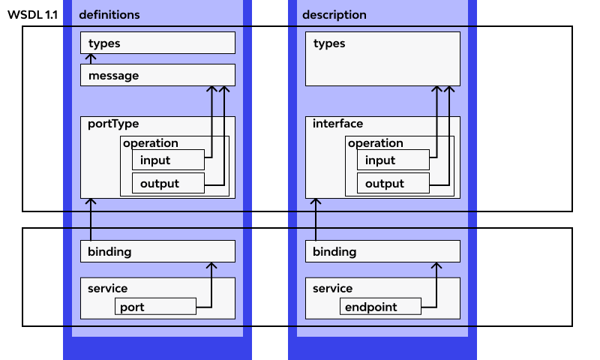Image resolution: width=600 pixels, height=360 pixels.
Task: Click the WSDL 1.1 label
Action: click(32, 15)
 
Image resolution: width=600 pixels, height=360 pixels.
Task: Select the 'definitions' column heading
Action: click(109, 15)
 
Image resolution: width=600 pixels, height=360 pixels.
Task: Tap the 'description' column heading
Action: click(334, 15)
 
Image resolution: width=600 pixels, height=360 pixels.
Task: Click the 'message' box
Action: click(157, 76)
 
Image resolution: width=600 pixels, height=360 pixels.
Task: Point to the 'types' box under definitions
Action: click(157, 43)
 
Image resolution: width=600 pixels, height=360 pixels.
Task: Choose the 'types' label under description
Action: click(329, 43)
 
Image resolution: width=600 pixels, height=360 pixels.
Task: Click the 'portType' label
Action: click(113, 124)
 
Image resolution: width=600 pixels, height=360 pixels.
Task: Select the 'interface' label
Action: click(337, 124)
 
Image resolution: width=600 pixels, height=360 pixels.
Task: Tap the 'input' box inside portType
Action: click(168, 160)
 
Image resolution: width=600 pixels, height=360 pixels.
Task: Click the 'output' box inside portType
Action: click(168, 183)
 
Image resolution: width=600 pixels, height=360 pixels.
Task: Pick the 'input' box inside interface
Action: click(393, 160)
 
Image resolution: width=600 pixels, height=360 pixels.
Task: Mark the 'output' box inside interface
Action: click(393, 183)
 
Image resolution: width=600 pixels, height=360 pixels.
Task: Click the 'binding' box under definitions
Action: click(157, 251)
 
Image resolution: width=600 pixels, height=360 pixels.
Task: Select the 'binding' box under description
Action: click(382, 251)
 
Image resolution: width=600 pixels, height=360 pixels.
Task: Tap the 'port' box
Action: click(155, 307)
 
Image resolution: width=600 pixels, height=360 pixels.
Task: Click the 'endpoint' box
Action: click(380, 307)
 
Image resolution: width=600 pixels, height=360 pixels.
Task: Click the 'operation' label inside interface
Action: click(376, 143)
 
